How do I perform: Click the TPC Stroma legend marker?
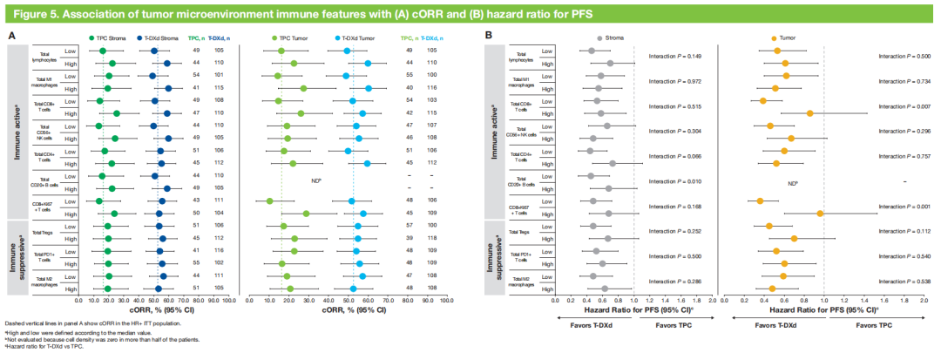pos(91,37)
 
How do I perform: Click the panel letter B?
pos(490,36)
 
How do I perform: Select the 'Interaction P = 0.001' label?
pos(903,207)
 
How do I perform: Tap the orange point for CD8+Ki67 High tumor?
pos(820,213)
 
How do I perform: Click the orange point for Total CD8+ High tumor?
pos(809,113)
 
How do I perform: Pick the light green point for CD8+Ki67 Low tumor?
pos(269,201)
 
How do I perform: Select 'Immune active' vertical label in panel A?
pos(17,132)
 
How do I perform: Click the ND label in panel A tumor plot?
pos(316,181)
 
